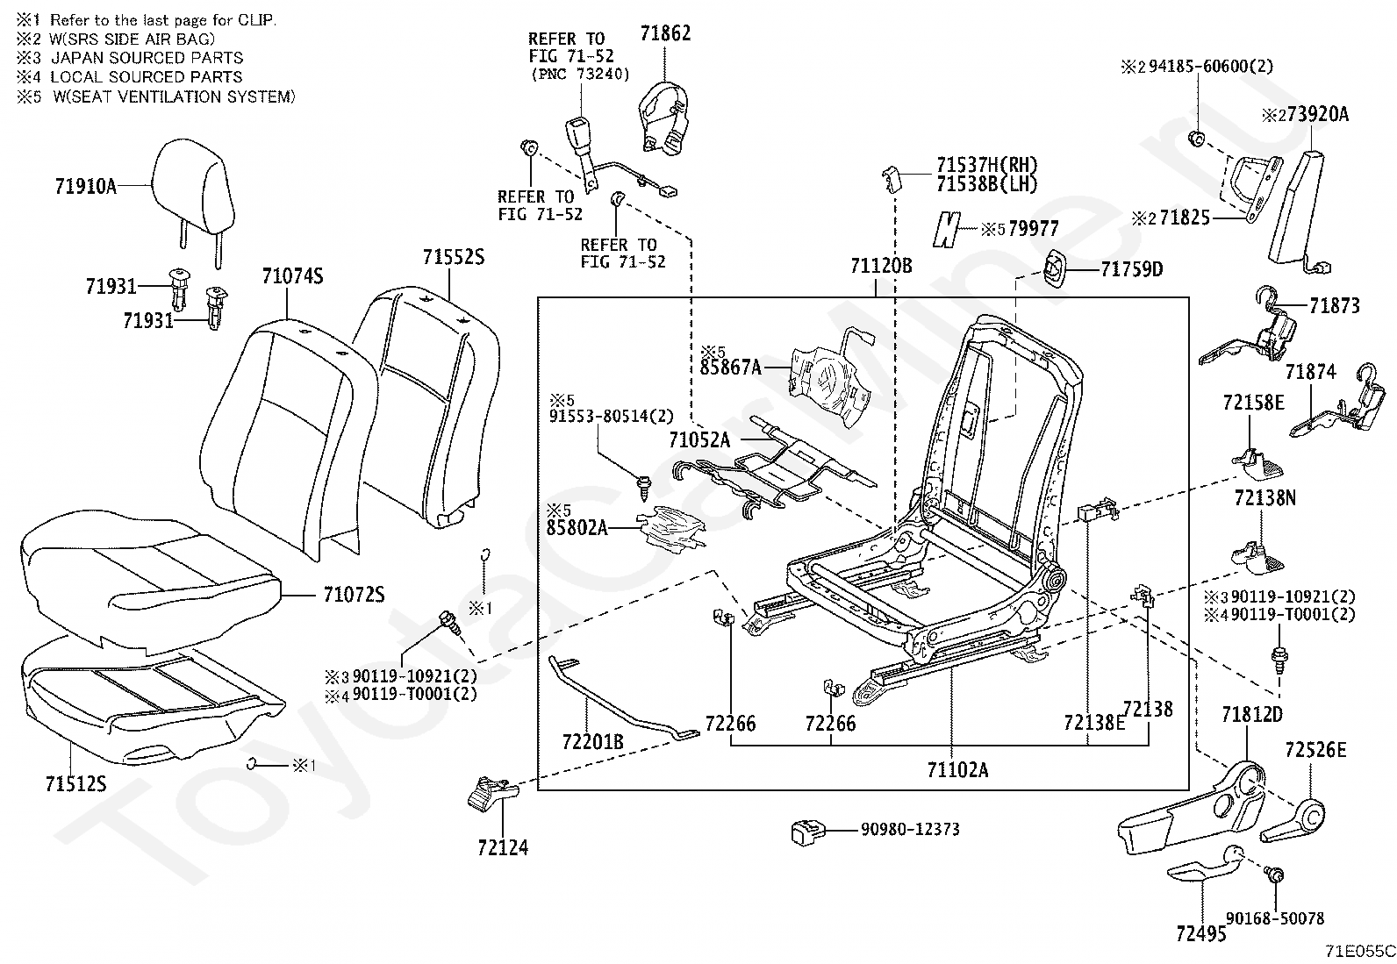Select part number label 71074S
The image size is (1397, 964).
coord(292,277)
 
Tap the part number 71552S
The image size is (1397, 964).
coord(453,257)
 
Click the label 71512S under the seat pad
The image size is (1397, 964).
coord(75,783)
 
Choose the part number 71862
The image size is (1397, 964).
coord(665,33)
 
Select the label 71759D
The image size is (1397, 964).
coord(1132,269)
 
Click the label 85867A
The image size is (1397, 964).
coord(731,368)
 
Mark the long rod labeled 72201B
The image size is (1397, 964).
coord(614,693)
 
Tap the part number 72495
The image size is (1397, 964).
coord(1200,933)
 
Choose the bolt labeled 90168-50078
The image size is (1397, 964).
coord(1275,875)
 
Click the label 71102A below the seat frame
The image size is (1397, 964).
coord(957,770)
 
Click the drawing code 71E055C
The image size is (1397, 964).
coord(1359,951)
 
